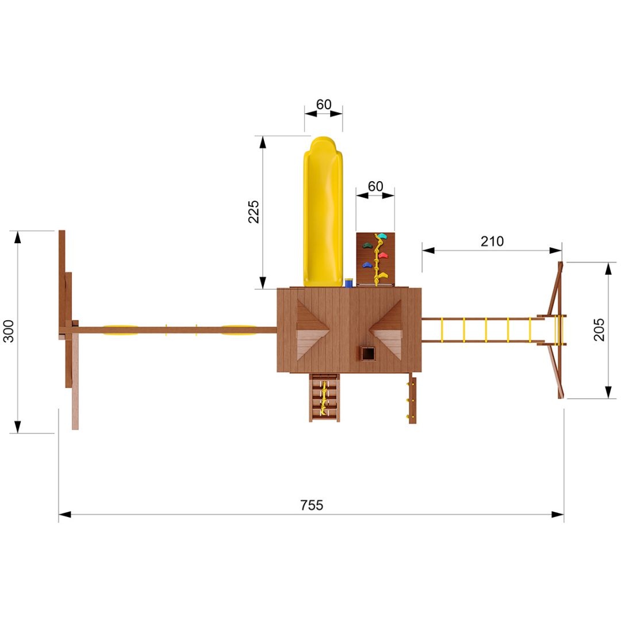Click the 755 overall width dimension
coord(312,505)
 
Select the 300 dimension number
coord(8,331)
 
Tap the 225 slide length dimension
coord(254,212)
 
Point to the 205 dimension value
coord(599,329)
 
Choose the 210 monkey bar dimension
coord(492,241)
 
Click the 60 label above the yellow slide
coord(324,104)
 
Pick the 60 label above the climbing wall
coord(375,186)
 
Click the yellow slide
coord(323,212)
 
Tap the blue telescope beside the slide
coord(349,283)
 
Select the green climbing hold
coord(367,246)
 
